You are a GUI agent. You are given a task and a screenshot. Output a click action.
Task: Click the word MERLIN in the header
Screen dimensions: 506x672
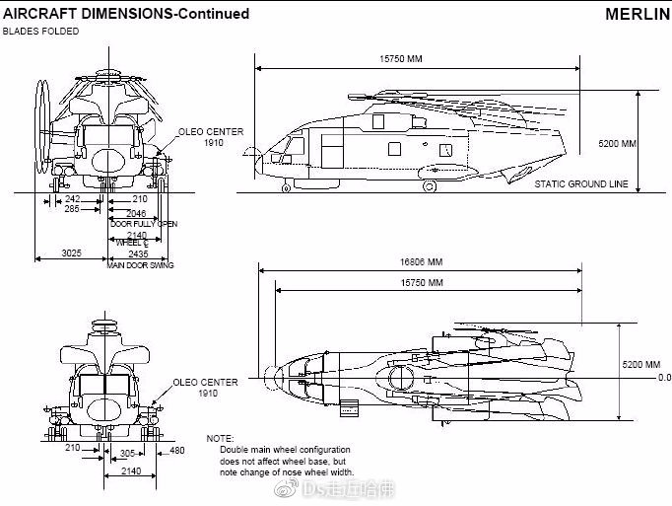coord(636,14)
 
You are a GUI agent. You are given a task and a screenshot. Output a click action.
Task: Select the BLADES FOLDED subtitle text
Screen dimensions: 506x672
coord(40,32)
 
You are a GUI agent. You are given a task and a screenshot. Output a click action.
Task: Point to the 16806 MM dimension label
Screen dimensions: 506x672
coord(421,263)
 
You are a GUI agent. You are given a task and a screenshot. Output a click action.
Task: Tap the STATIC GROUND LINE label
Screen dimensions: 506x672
coord(581,184)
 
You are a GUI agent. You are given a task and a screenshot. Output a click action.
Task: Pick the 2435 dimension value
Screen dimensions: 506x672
coord(137,253)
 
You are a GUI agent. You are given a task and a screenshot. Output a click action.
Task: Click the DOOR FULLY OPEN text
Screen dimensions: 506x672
coord(143,224)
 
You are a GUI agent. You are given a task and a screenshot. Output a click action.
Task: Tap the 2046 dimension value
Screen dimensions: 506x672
coord(136,213)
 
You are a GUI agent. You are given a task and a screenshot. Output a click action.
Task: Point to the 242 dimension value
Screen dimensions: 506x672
coord(73,198)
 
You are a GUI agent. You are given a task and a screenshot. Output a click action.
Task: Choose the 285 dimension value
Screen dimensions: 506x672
coord(72,209)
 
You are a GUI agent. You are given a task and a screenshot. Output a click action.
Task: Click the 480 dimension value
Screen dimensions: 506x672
coord(176,451)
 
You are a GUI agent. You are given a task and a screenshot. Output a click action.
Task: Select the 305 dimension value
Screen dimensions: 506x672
coord(126,455)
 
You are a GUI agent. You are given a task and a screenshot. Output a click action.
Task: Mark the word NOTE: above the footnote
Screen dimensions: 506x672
coord(220,437)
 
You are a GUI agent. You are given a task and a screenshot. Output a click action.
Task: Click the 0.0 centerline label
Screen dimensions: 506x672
coord(663,377)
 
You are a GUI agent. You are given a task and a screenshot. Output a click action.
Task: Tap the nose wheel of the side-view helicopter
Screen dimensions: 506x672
coord(286,186)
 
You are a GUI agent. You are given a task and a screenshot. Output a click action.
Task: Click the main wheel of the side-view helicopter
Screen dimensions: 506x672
coord(430,185)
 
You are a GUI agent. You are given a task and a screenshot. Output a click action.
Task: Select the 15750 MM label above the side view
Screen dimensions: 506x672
coord(400,58)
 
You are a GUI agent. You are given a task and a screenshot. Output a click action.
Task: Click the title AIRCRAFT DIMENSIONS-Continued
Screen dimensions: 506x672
coord(125,14)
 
